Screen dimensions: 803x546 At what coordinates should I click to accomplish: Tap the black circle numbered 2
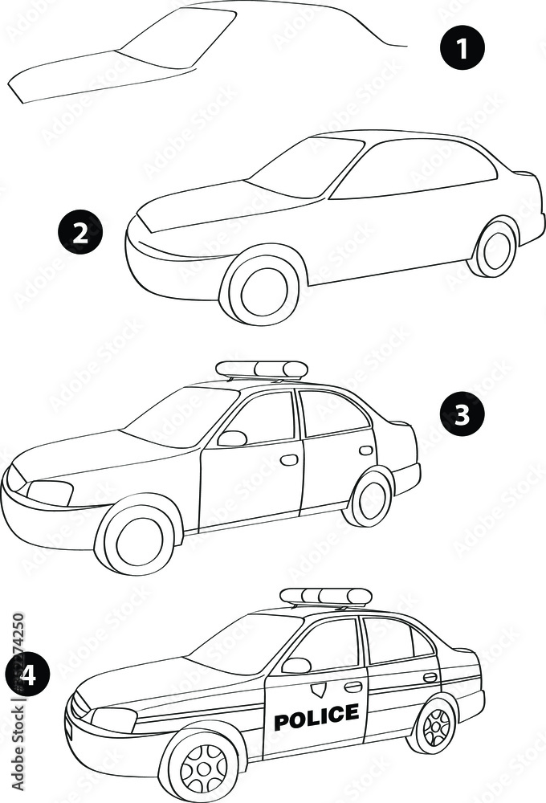coord(80,233)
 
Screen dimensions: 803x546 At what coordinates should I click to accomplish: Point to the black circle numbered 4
coord(27,676)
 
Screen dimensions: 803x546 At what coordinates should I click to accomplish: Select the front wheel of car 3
coord(139,540)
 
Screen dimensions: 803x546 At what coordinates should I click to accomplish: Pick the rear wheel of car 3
coord(371,499)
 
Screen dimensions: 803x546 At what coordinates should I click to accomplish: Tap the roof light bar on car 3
coord(262,370)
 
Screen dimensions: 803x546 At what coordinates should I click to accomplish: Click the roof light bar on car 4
coord(325,597)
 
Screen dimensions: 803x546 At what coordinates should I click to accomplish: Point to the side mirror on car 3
coord(232,438)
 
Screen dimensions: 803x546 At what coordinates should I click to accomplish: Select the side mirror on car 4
coord(296,665)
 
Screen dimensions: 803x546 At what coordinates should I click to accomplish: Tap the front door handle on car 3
coord(289,460)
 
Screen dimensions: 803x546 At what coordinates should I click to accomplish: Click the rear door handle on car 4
coord(430,677)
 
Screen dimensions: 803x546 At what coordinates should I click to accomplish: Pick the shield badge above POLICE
coord(320,689)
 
